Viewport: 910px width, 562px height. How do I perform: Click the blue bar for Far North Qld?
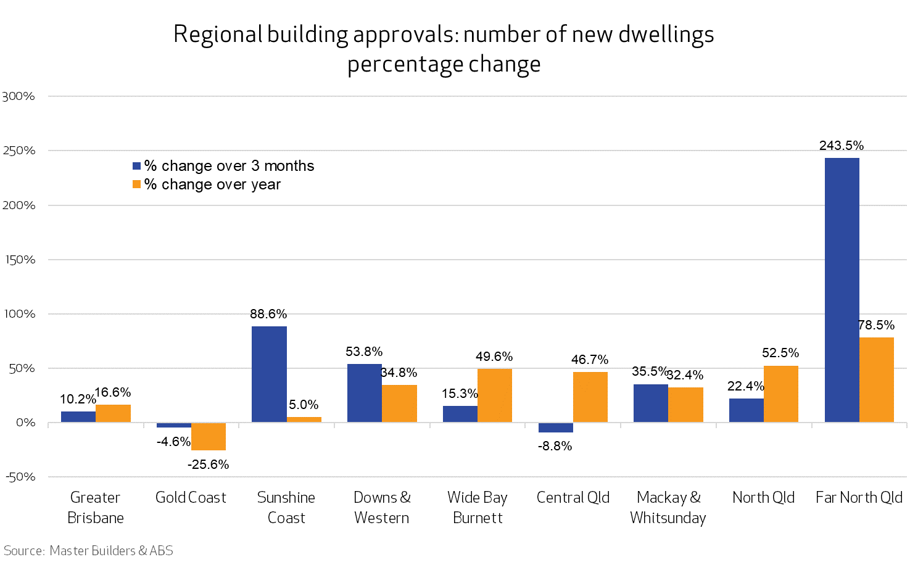[x=842, y=290]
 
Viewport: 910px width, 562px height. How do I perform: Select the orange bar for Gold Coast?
[x=209, y=436]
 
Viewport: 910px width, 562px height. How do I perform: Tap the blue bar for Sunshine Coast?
[x=269, y=374]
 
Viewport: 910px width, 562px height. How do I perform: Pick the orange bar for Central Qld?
[x=590, y=397]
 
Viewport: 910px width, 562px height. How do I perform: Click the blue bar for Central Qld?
[x=556, y=428]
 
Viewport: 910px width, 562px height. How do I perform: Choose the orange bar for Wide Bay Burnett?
[x=495, y=395]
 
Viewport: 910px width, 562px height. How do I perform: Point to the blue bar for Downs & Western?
[x=365, y=393]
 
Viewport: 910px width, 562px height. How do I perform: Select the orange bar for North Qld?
[x=781, y=394]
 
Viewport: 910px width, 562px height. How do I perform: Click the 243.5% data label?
[x=842, y=146]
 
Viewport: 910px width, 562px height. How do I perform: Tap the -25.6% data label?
[x=209, y=465]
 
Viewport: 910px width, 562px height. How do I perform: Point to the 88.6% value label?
[x=268, y=314]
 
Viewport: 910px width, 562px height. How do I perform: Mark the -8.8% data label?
[x=555, y=446]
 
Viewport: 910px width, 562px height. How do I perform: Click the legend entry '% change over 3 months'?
[x=229, y=166]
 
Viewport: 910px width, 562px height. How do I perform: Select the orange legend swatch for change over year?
[x=137, y=184]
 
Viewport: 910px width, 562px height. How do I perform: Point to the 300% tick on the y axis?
[x=19, y=96]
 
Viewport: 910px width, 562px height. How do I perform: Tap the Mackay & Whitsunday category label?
[x=668, y=507]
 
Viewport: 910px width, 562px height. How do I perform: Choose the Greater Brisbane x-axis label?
[x=95, y=507]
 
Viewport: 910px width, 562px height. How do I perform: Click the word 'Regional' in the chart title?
[x=218, y=35]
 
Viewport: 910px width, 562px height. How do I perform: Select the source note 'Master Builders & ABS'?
[x=111, y=550]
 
